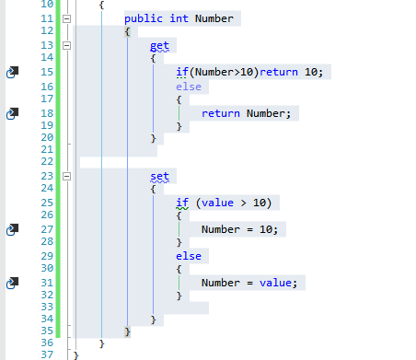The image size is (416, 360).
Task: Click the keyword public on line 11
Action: tap(142, 18)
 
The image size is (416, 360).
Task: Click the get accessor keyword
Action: tap(159, 45)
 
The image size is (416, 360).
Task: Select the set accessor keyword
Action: tap(159, 176)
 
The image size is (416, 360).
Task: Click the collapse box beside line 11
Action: tap(66, 18)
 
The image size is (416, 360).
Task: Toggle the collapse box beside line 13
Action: tap(66, 45)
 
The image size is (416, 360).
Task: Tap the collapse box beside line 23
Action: tap(66, 176)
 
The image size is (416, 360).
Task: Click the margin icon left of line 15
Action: tap(13, 72)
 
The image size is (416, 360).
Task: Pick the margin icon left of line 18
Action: tap(13, 112)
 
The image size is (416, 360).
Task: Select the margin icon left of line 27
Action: tap(13, 228)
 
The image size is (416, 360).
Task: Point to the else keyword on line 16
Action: tap(188, 86)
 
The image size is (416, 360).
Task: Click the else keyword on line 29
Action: tap(188, 255)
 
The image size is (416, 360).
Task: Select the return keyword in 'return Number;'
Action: tap(220, 113)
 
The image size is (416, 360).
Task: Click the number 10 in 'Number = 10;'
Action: tap(266, 229)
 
